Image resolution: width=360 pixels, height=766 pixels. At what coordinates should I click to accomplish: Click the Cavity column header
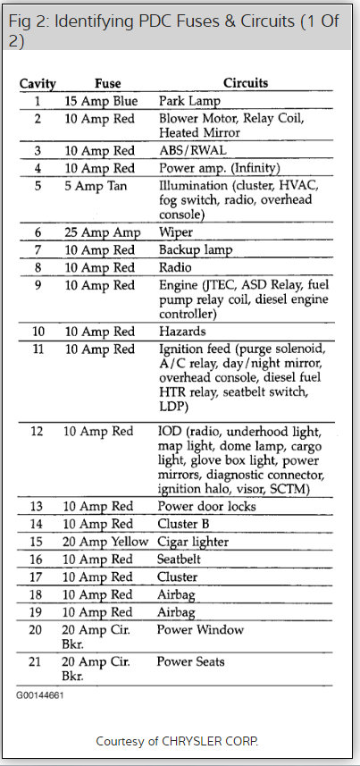click(38, 84)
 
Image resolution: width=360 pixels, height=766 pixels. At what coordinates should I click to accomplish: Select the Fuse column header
click(107, 84)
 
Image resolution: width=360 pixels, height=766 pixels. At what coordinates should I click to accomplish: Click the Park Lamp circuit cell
click(188, 101)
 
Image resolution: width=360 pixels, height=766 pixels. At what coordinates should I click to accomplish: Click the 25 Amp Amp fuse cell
click(102, 231)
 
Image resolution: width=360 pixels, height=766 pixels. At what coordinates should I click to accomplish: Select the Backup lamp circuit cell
click(195, 249)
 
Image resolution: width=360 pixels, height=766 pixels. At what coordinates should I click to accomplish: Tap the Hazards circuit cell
click(181, 331)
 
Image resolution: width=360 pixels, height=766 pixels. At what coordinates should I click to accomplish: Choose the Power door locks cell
click(206, 507)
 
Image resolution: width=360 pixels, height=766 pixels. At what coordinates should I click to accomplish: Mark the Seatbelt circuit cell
click(182, 560)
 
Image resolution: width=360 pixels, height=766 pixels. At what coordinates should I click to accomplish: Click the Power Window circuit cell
click(200, 630)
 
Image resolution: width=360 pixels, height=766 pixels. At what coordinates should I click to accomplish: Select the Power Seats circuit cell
click(191, 662)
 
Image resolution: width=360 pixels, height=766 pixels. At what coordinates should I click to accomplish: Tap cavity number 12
click(37, 432)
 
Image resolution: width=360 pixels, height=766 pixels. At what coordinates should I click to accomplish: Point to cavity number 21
click(37, 662)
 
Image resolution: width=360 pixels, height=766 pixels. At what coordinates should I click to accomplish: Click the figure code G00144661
click(40, 694)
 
